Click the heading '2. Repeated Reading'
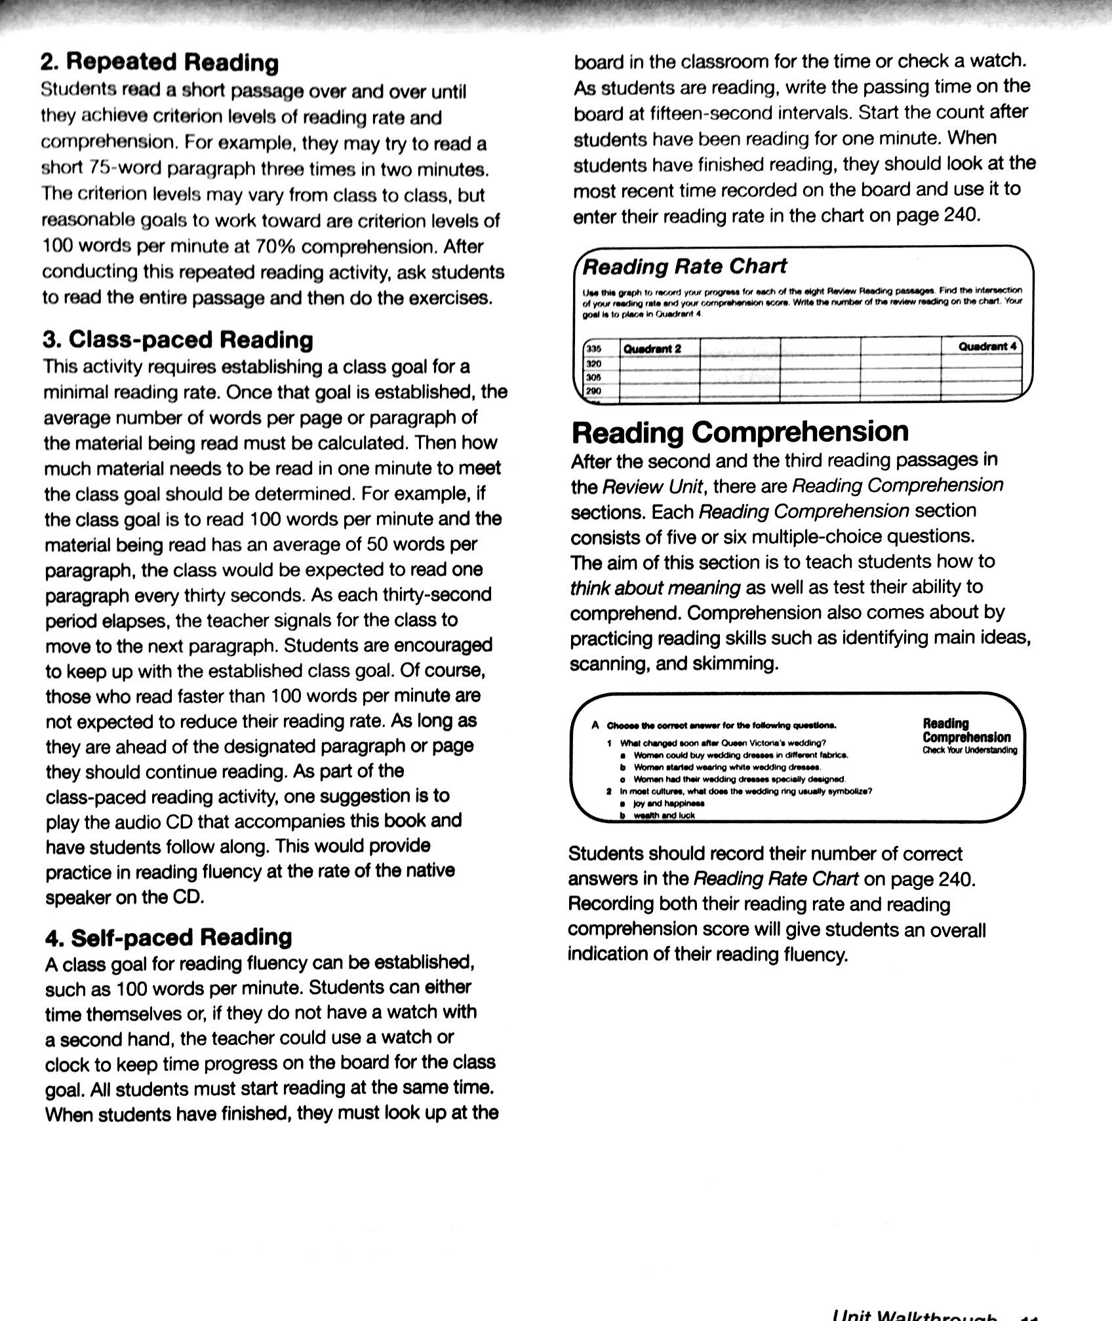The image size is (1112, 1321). click(159, 63)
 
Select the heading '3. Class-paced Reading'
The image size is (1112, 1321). click(178, 339)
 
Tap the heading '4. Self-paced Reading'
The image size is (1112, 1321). click(169, 937)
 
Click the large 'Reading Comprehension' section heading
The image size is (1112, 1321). click(740, 432)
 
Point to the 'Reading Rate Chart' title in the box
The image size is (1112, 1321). click(685, 266)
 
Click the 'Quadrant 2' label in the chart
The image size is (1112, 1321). click(652, 349)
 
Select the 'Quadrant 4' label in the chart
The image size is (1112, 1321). click(986, 346)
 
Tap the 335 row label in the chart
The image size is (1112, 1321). click(594, 349)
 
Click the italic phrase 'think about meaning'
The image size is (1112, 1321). click(654, 588)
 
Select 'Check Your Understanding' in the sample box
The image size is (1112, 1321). click(970, 750)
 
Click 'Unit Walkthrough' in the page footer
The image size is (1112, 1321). click(914, 1316)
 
